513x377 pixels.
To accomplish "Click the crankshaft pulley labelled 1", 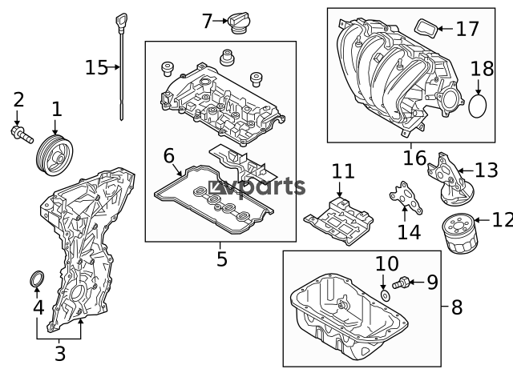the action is (x=55, y=155).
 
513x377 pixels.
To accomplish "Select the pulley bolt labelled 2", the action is (x=22, y=135).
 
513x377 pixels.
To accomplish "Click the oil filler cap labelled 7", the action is (x=239, y=22).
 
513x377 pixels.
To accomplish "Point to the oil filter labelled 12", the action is (x=460, y=233).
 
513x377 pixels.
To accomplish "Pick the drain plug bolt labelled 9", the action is (x=401, y=283).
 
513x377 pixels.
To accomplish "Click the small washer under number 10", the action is (x=385, y=295).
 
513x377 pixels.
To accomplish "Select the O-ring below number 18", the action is (x=478, y=106).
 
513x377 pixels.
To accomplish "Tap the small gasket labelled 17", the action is (x=426, y=29).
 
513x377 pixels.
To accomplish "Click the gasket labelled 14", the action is (x=406, y=198).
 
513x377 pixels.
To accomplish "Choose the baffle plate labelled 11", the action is (x=338, y=220).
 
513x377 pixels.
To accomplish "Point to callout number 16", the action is (x=414, y=158).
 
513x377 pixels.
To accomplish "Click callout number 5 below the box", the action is (x=221, y=259).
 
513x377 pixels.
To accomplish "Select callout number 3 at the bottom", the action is (x=60, y=354).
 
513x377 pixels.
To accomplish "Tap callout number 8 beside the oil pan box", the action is (x=457, y=307).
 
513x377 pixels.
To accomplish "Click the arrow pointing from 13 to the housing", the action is (x=466, y=170).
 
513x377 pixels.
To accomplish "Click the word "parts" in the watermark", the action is (x=268, y=187).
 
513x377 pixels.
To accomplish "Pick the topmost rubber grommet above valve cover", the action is (x=226, y=58).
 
